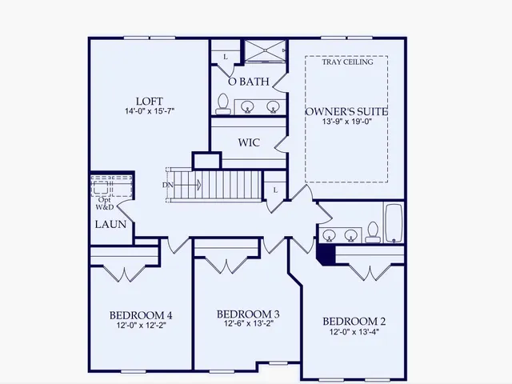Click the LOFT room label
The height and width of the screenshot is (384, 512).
[150, 101]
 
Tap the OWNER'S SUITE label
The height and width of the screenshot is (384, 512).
[346, 112]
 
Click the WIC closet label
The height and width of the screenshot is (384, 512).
[249, 142]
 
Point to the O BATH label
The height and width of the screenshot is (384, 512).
[248, 82]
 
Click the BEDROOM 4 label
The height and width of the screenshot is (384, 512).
[141, 314]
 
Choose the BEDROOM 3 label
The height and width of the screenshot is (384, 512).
[248, 314]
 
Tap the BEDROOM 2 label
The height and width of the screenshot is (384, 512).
[355, 321]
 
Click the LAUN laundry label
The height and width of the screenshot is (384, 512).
[110, 224]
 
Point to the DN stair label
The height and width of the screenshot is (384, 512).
[167, 185]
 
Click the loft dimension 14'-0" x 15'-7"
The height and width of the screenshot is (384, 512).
[150, 111]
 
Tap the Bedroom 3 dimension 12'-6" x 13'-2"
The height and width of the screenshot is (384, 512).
[248, 324]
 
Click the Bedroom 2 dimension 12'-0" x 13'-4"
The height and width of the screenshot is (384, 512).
[355, 331]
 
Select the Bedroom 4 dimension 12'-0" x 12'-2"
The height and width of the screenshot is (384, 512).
[141, 325]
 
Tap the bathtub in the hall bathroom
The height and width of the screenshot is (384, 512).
[394, 223]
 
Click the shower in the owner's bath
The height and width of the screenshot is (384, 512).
[263, 50]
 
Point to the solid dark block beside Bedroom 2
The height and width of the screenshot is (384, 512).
[325, 254]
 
